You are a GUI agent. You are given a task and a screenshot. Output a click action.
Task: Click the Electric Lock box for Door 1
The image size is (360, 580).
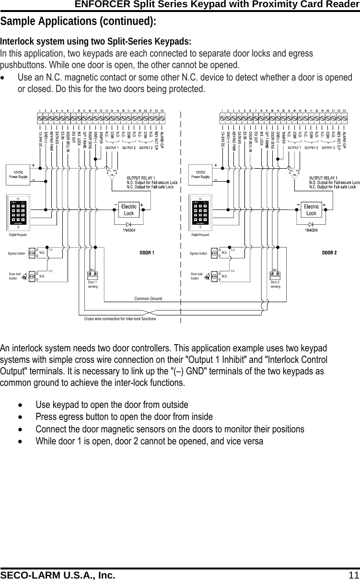(129, 210)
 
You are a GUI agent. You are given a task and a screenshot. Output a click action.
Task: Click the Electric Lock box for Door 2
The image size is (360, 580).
(311, 210)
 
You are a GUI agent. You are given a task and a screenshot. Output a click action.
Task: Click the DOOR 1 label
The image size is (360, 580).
(147, 252)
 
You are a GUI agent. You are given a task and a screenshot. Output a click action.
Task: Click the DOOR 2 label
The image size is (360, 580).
(329, 252)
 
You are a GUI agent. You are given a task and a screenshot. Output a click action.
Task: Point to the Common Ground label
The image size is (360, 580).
(148, 299)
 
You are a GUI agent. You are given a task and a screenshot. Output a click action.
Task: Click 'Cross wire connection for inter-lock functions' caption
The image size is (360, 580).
(120, 318)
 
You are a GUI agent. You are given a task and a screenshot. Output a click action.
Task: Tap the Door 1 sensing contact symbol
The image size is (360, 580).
(93, 274)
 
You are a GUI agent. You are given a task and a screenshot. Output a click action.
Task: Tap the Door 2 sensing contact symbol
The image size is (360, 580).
(275, 274)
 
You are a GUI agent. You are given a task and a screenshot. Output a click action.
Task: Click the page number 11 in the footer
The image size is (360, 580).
(353, 575)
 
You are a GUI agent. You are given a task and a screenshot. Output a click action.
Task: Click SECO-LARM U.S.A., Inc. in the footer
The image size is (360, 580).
(58, 575)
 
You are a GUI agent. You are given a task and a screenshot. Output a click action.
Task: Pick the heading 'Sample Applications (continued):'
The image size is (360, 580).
(78, 22)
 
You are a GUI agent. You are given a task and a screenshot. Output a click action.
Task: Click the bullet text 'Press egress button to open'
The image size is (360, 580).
(124, 417)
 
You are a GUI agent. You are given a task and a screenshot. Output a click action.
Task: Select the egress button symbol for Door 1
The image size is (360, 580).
(32, 253)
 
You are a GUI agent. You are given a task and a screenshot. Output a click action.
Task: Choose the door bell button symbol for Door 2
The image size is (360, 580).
(214, 276)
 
